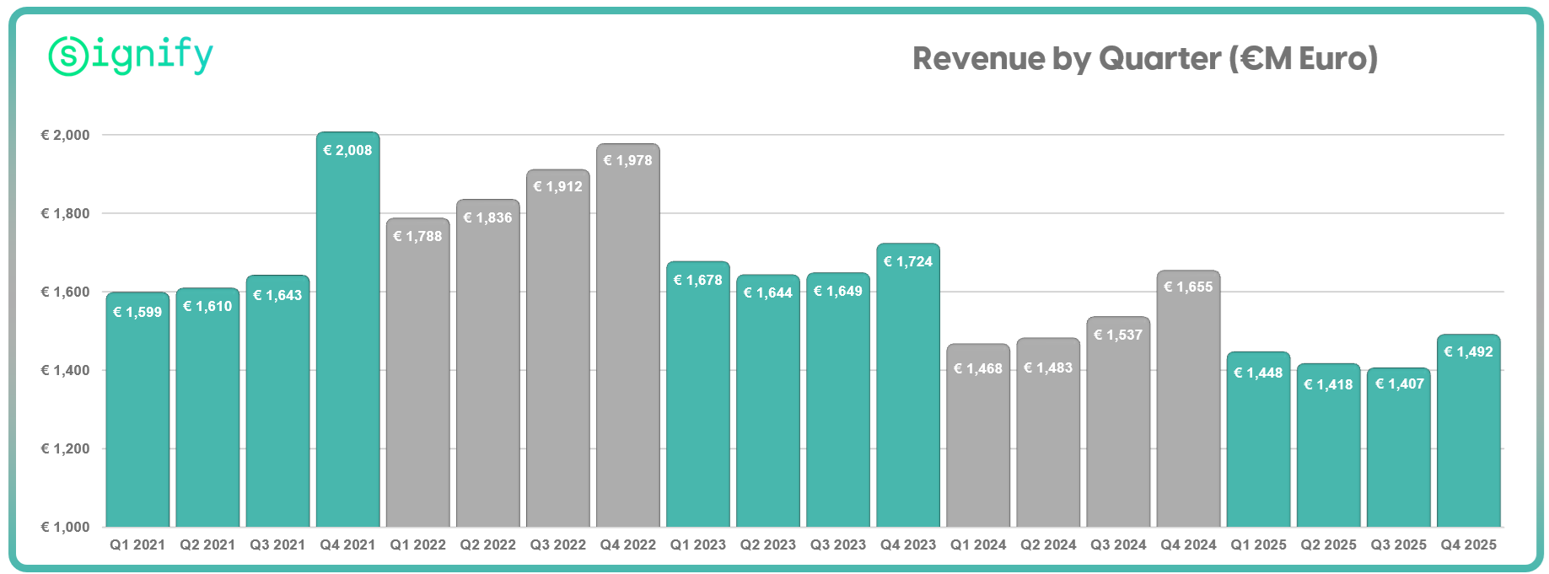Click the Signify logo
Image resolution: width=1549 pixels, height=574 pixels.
131,56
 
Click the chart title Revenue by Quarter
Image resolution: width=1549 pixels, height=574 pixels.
1144,59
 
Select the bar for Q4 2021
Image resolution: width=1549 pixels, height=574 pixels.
347,337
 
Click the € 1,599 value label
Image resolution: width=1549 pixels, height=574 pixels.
137,312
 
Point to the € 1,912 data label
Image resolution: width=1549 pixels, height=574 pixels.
558,186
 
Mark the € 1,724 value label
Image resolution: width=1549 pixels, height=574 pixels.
908,261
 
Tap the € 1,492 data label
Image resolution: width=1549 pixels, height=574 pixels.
1468,351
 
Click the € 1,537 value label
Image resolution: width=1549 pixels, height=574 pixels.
1118,335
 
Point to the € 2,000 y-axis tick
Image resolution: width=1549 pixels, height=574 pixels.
66,135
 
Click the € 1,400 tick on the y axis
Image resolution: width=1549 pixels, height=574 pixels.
66,370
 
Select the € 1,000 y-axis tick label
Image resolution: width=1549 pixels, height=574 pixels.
66,527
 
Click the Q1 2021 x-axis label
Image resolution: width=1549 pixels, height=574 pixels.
137,544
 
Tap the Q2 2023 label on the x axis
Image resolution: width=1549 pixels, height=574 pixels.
768,544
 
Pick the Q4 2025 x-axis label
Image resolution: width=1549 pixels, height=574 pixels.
1468,544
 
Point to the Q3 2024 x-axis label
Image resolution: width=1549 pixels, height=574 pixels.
1118,544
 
